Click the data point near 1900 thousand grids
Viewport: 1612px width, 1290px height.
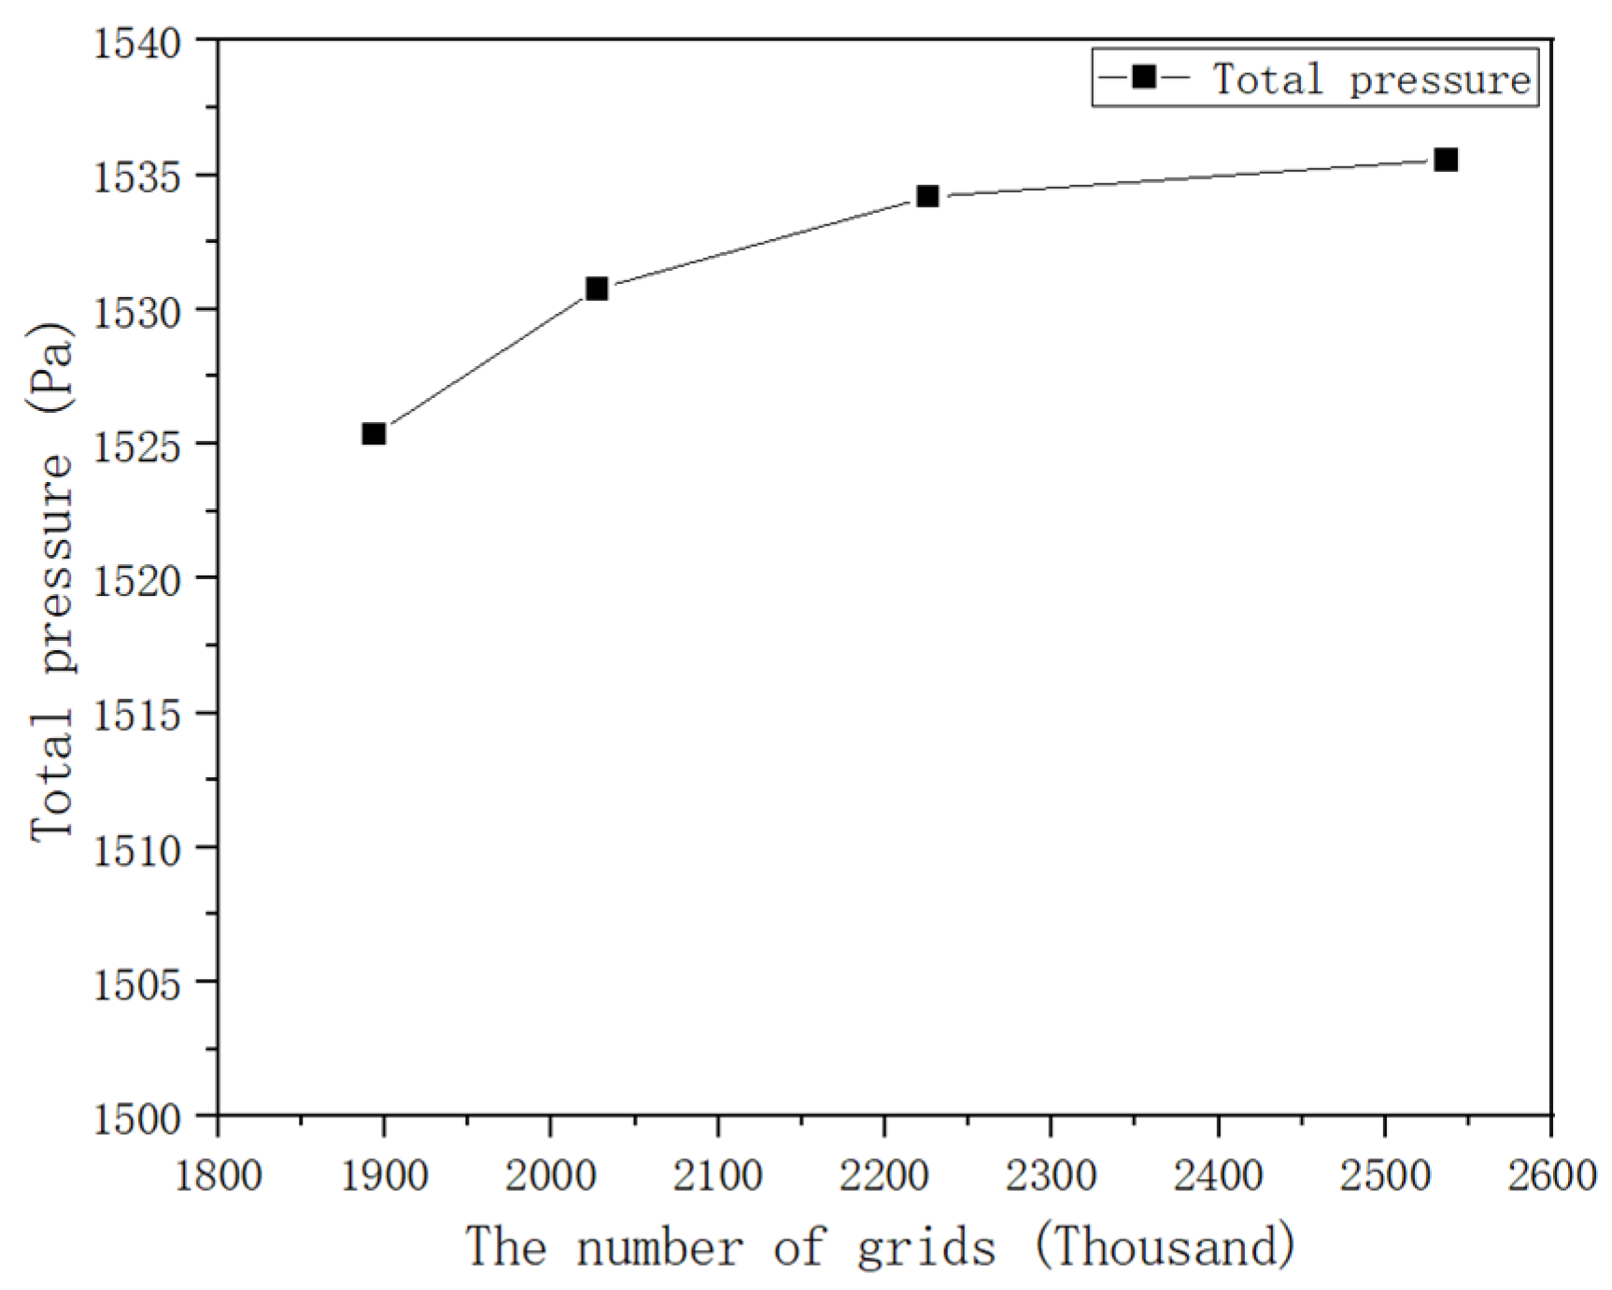pyautogui.click(x=374, y=433)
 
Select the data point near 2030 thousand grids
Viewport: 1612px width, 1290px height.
pyautogui.click(x=597, y=289)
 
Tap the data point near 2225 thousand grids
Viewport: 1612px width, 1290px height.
pyautogui.click(x=926, y=196)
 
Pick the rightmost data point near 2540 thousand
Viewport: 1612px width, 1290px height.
pyautogui.click(x=1446, y=160)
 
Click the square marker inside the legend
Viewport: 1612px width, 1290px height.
pyautogui.click(x=1143, y=78)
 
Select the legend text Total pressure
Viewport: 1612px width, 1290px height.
pyautogui.click(x=1371, y=78)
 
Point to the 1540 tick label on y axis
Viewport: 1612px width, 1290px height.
pyautogui.click(x=137, y=42)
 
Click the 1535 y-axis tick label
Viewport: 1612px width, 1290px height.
pyautogui.click(x=137, y=177)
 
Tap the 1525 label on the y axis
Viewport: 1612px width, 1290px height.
pyautogui.click(x=137, y=446)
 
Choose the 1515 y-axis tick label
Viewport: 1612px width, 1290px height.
pyautogui.click(x=137, y=715)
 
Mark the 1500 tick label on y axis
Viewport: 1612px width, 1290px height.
pyautogui.click(x=137, y=1118)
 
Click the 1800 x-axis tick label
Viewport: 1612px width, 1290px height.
pyautogui.click(x=219, y=1174)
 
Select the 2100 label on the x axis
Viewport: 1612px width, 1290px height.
pyautogui.click(x=717, y=1174)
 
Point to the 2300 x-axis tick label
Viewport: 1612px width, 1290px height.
pyautogui.click(x=1051, y=1174)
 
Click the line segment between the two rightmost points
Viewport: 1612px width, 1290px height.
pyautogui.click(x=1186, y=178)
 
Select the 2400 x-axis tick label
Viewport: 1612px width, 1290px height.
pyautogui.click(x=1218, y=1174)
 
